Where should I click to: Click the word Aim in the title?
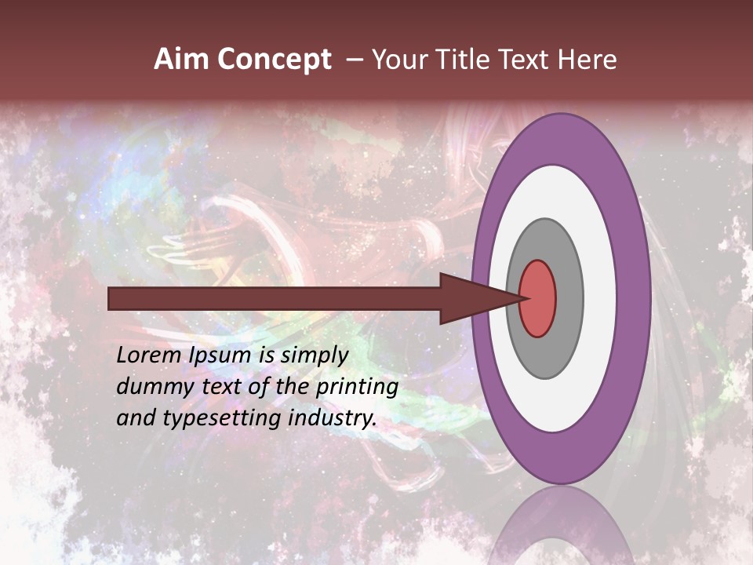coord(182,60)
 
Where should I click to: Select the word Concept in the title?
coord(274,60)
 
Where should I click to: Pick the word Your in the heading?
coord(398,60)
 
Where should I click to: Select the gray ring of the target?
coord(568,299)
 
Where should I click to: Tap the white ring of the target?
coord(599,299)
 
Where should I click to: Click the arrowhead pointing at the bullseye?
coord(475,299)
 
